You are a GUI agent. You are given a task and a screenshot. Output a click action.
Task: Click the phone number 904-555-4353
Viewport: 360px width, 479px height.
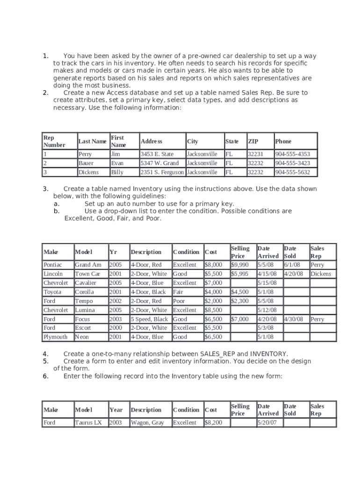292,154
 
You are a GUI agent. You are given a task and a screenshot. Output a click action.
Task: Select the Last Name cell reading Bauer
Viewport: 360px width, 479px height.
86,163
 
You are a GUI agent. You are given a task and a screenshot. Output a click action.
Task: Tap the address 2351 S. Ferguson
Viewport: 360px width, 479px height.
162,172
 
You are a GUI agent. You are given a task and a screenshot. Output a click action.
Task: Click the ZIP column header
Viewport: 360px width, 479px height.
253,141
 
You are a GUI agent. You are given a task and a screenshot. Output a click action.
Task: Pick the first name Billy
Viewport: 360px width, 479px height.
117,172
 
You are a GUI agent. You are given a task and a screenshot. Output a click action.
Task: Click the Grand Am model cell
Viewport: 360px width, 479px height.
88,265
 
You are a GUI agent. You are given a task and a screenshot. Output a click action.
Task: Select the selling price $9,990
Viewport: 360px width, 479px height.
240,265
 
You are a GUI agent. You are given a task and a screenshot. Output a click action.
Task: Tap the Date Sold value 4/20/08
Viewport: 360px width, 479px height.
294,274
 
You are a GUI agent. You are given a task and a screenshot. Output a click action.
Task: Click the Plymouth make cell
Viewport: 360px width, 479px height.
55,337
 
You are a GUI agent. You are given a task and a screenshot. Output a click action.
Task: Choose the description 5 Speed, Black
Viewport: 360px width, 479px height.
149,319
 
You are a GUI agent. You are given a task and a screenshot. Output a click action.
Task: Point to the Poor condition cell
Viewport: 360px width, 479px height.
179,301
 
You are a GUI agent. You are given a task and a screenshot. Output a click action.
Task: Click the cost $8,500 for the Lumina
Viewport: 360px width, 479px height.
214,310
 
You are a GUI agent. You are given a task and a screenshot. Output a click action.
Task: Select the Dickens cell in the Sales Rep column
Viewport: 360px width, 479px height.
321,274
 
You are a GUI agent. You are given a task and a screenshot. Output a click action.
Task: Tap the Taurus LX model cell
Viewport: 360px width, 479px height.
88,423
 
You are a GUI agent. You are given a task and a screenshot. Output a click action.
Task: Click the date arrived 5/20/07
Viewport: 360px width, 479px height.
267,423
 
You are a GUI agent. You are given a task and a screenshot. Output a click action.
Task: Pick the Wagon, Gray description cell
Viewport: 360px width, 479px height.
147,423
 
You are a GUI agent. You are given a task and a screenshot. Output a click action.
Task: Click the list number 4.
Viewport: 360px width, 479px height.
45,354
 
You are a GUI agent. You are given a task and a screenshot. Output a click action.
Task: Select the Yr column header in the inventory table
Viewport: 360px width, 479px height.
113,252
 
